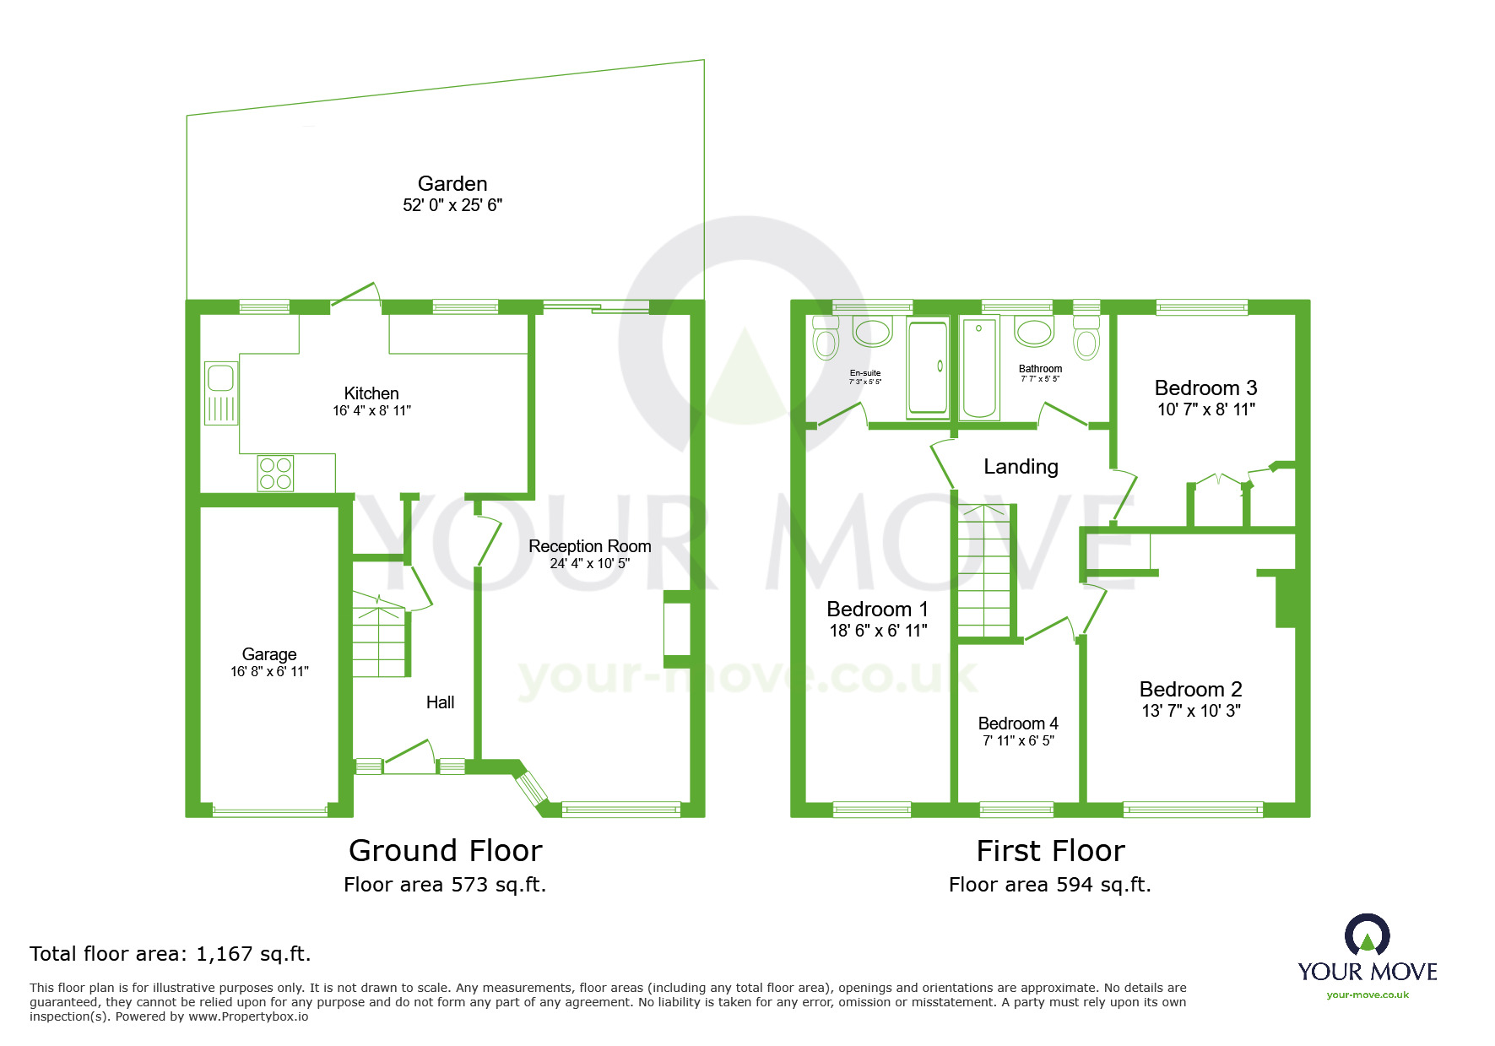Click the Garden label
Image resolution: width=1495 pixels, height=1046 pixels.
point(452,184)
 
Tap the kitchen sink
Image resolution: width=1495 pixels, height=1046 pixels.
point(221,393)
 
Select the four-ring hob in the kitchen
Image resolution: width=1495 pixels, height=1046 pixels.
point(276,473)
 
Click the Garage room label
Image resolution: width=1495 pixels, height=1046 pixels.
point(269,654)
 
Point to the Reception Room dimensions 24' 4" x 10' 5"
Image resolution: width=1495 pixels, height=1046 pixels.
point(589,564)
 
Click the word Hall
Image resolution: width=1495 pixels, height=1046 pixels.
point(440,702)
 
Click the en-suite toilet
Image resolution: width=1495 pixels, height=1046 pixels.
point(825,339)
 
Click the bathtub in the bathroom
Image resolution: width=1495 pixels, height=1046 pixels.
point(979,368)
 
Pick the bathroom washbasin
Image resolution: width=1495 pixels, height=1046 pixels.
point(1033,332)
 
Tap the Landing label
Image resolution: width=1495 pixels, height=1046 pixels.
point(1021,467)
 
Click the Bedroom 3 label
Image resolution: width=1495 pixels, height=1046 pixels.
point(1205,388)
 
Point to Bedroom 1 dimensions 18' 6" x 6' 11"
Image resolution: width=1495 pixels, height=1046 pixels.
point(878,631)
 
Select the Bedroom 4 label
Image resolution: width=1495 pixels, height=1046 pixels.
point(1018,724)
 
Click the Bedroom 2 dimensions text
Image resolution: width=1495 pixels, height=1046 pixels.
point(1190,711)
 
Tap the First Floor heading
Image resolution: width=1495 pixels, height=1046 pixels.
point(1050,851)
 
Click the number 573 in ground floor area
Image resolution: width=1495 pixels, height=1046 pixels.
point(469,885)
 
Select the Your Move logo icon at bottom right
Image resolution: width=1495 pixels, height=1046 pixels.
point(1367,935)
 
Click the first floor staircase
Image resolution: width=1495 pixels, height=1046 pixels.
point(984,570)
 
